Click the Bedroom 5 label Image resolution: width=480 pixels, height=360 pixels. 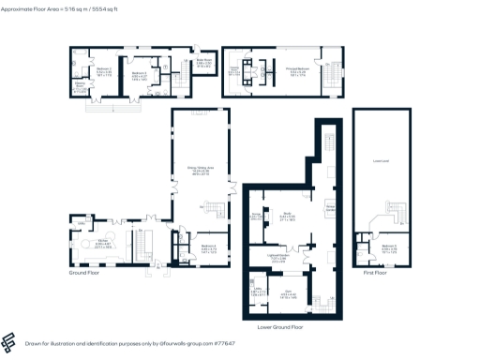388,249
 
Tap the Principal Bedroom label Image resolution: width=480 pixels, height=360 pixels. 296,70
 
